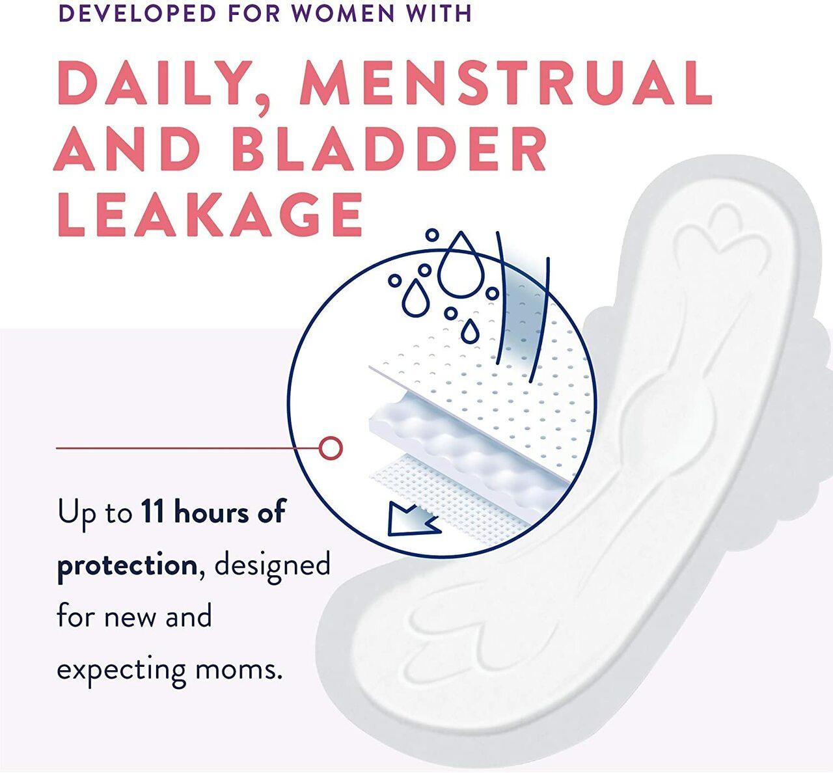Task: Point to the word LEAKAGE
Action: pyautogui.click(x=210, y=215)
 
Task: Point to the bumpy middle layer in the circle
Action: pyautogui.click(x=456, y=442)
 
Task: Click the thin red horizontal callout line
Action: pyautogui.click(x=182, y=448)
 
